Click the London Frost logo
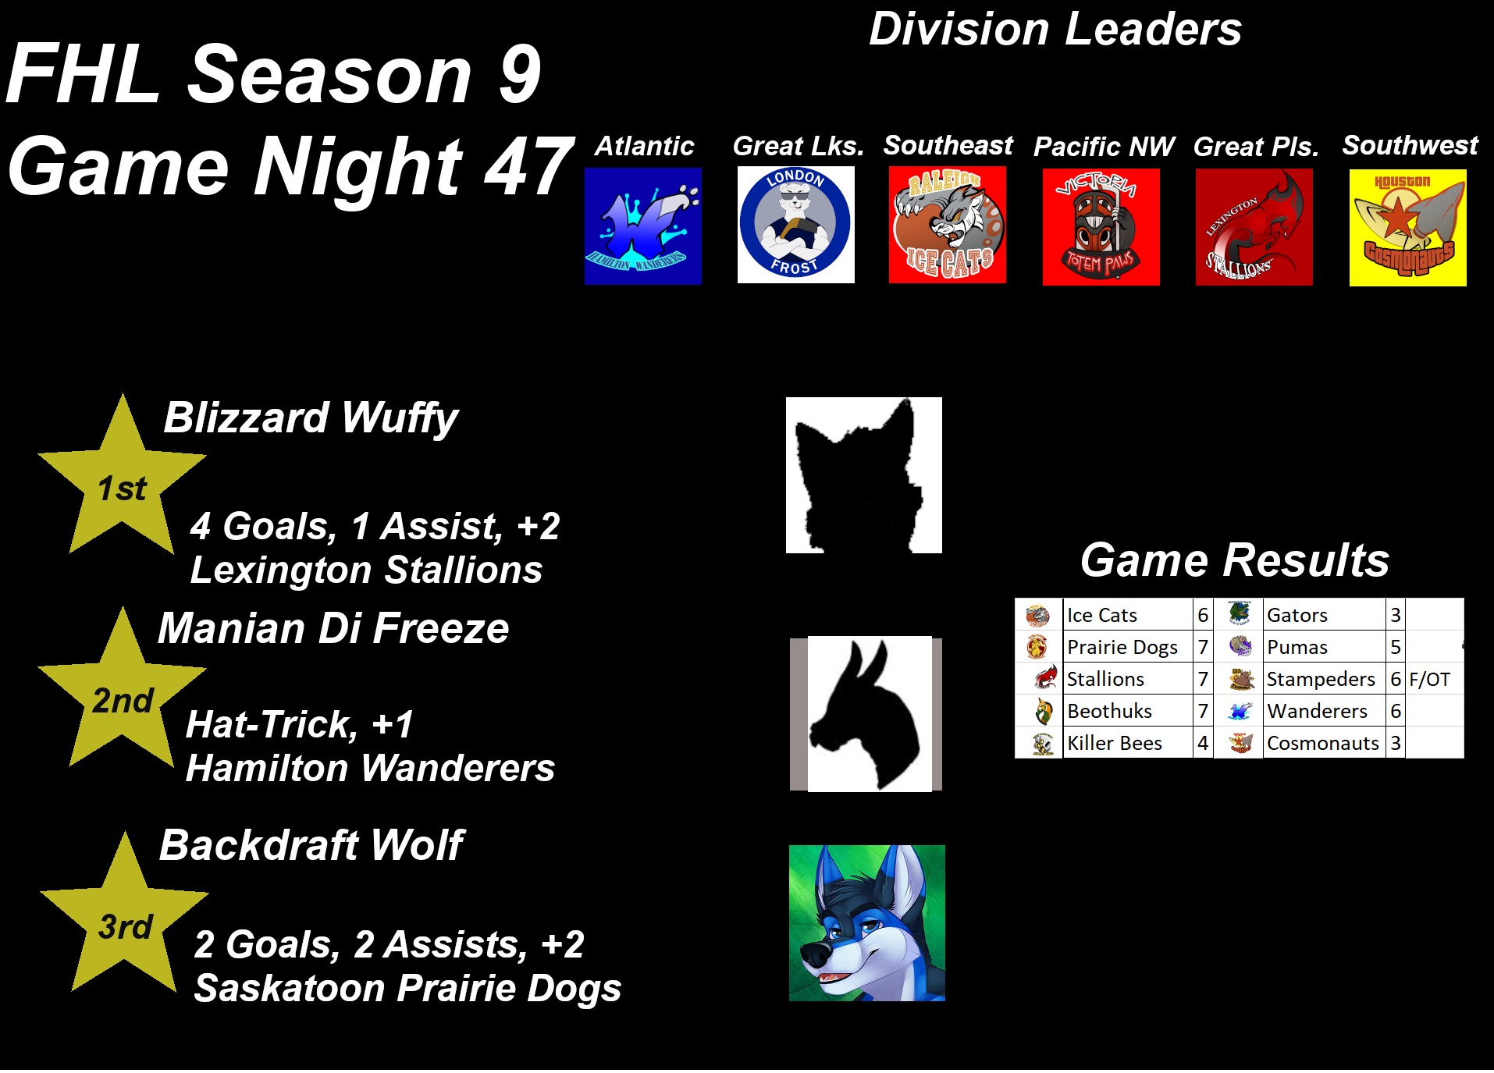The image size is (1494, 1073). pos(795,225)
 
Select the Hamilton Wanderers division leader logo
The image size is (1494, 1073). pos(643,226)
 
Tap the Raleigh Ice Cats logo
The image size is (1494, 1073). pos(948,225)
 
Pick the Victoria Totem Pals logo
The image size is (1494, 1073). pos(1101,226)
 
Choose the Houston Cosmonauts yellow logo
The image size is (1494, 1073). pos(1407,228)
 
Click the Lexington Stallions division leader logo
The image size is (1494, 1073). pos(1254,226)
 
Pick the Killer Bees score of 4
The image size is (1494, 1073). pos(1203,744)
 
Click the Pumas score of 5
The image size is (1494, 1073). pos(1395,648)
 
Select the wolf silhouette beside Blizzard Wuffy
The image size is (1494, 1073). pos(863,475)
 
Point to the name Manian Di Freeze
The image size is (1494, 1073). pos(333,628)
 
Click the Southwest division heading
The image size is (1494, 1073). pos(1410,145)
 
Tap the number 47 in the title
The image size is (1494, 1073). pos(528,166)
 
